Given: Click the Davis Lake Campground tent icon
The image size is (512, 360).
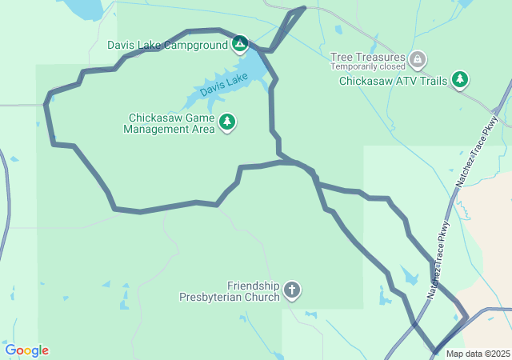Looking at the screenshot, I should [x=239, y=44].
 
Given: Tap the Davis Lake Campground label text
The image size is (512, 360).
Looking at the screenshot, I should [x=168, y=45].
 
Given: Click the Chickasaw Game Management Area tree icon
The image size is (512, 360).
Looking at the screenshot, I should [x=228, y=122].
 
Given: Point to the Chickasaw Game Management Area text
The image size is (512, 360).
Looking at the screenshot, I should [x=169, y=122].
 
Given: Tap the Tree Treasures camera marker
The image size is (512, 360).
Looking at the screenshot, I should [x=417, y=59].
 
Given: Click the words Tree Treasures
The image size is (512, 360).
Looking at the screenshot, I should [x=369, y=58].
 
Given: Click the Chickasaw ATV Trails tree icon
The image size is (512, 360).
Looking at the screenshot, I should [x=459, y=79].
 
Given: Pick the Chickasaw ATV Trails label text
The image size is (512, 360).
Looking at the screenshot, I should [x=393, y=80].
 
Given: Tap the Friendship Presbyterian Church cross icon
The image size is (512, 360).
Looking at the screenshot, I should [x=292, y=290].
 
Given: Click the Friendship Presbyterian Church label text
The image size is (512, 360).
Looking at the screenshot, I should [x=230, y=291].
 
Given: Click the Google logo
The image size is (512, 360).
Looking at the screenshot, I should [x=27, y=350].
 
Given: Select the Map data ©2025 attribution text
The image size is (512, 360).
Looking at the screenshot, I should [x=478, y=354].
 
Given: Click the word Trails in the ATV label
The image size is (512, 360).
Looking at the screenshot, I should [x=432, y=80].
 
